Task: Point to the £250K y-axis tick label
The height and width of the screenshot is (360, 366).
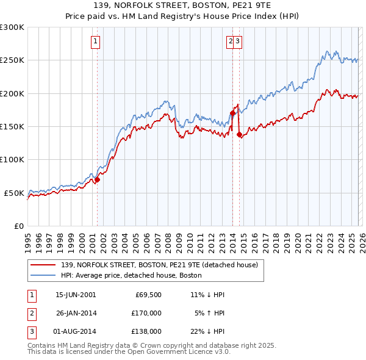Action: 12,60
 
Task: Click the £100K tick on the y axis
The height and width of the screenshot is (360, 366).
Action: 12,159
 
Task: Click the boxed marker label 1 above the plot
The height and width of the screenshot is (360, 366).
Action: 96,41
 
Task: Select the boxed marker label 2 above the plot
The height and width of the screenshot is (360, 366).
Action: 231,41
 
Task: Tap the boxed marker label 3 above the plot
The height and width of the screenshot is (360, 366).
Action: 239,41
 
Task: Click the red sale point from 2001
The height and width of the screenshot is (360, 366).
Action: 97,180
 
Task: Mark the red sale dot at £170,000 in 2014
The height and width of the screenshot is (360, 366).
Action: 232,113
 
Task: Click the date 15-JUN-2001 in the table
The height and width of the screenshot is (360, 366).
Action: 76,295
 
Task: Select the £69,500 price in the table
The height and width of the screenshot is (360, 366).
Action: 147,295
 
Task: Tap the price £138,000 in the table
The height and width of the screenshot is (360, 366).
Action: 147,331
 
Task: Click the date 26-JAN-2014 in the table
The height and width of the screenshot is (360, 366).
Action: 76,313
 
